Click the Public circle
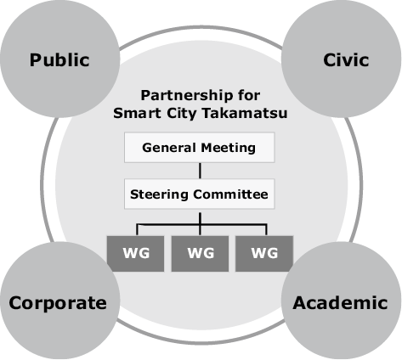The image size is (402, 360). (x=59, y=59)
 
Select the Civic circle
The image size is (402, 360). (x=342, y=59)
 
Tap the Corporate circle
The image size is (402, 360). (x=59, y=301)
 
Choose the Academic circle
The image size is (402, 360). (x=342, y=301)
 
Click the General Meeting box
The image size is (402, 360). (x=199, y=148)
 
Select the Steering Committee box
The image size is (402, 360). (x=199, y=194)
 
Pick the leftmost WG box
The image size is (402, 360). (x=135, y=254)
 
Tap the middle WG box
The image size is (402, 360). (x=200, y=254)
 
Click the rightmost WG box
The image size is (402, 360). (x=264, y=254)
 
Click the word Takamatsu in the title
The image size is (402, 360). (x=245, y=113)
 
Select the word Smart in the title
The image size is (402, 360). (x=137, y=113)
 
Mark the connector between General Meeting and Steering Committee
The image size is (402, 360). (x=200, y=171)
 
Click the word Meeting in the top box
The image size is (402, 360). (x=228, y=148)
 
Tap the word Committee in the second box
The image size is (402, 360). (x=230, y=194)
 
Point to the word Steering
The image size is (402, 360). (x=159, y=195)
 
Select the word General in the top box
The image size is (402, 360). (x=169, y=148)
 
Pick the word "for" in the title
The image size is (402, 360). (x=249, y=95)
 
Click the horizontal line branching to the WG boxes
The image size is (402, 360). (x=201, y=225)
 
